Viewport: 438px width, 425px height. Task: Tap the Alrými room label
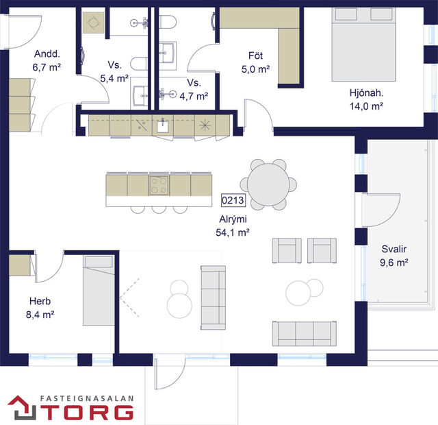coord(231,219)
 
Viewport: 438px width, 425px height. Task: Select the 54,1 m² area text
coord(231,232)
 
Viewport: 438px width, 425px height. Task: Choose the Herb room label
coord(40,301)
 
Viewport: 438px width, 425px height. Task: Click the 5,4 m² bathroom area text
coord(114,79)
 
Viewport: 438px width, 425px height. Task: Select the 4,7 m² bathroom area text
coord(193,96)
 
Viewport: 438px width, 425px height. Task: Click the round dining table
coord(268,184)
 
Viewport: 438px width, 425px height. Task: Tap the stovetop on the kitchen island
coord(159,184)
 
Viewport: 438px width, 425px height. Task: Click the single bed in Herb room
coord(99,289)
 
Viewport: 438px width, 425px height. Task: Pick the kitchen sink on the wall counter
coord(163,126)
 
